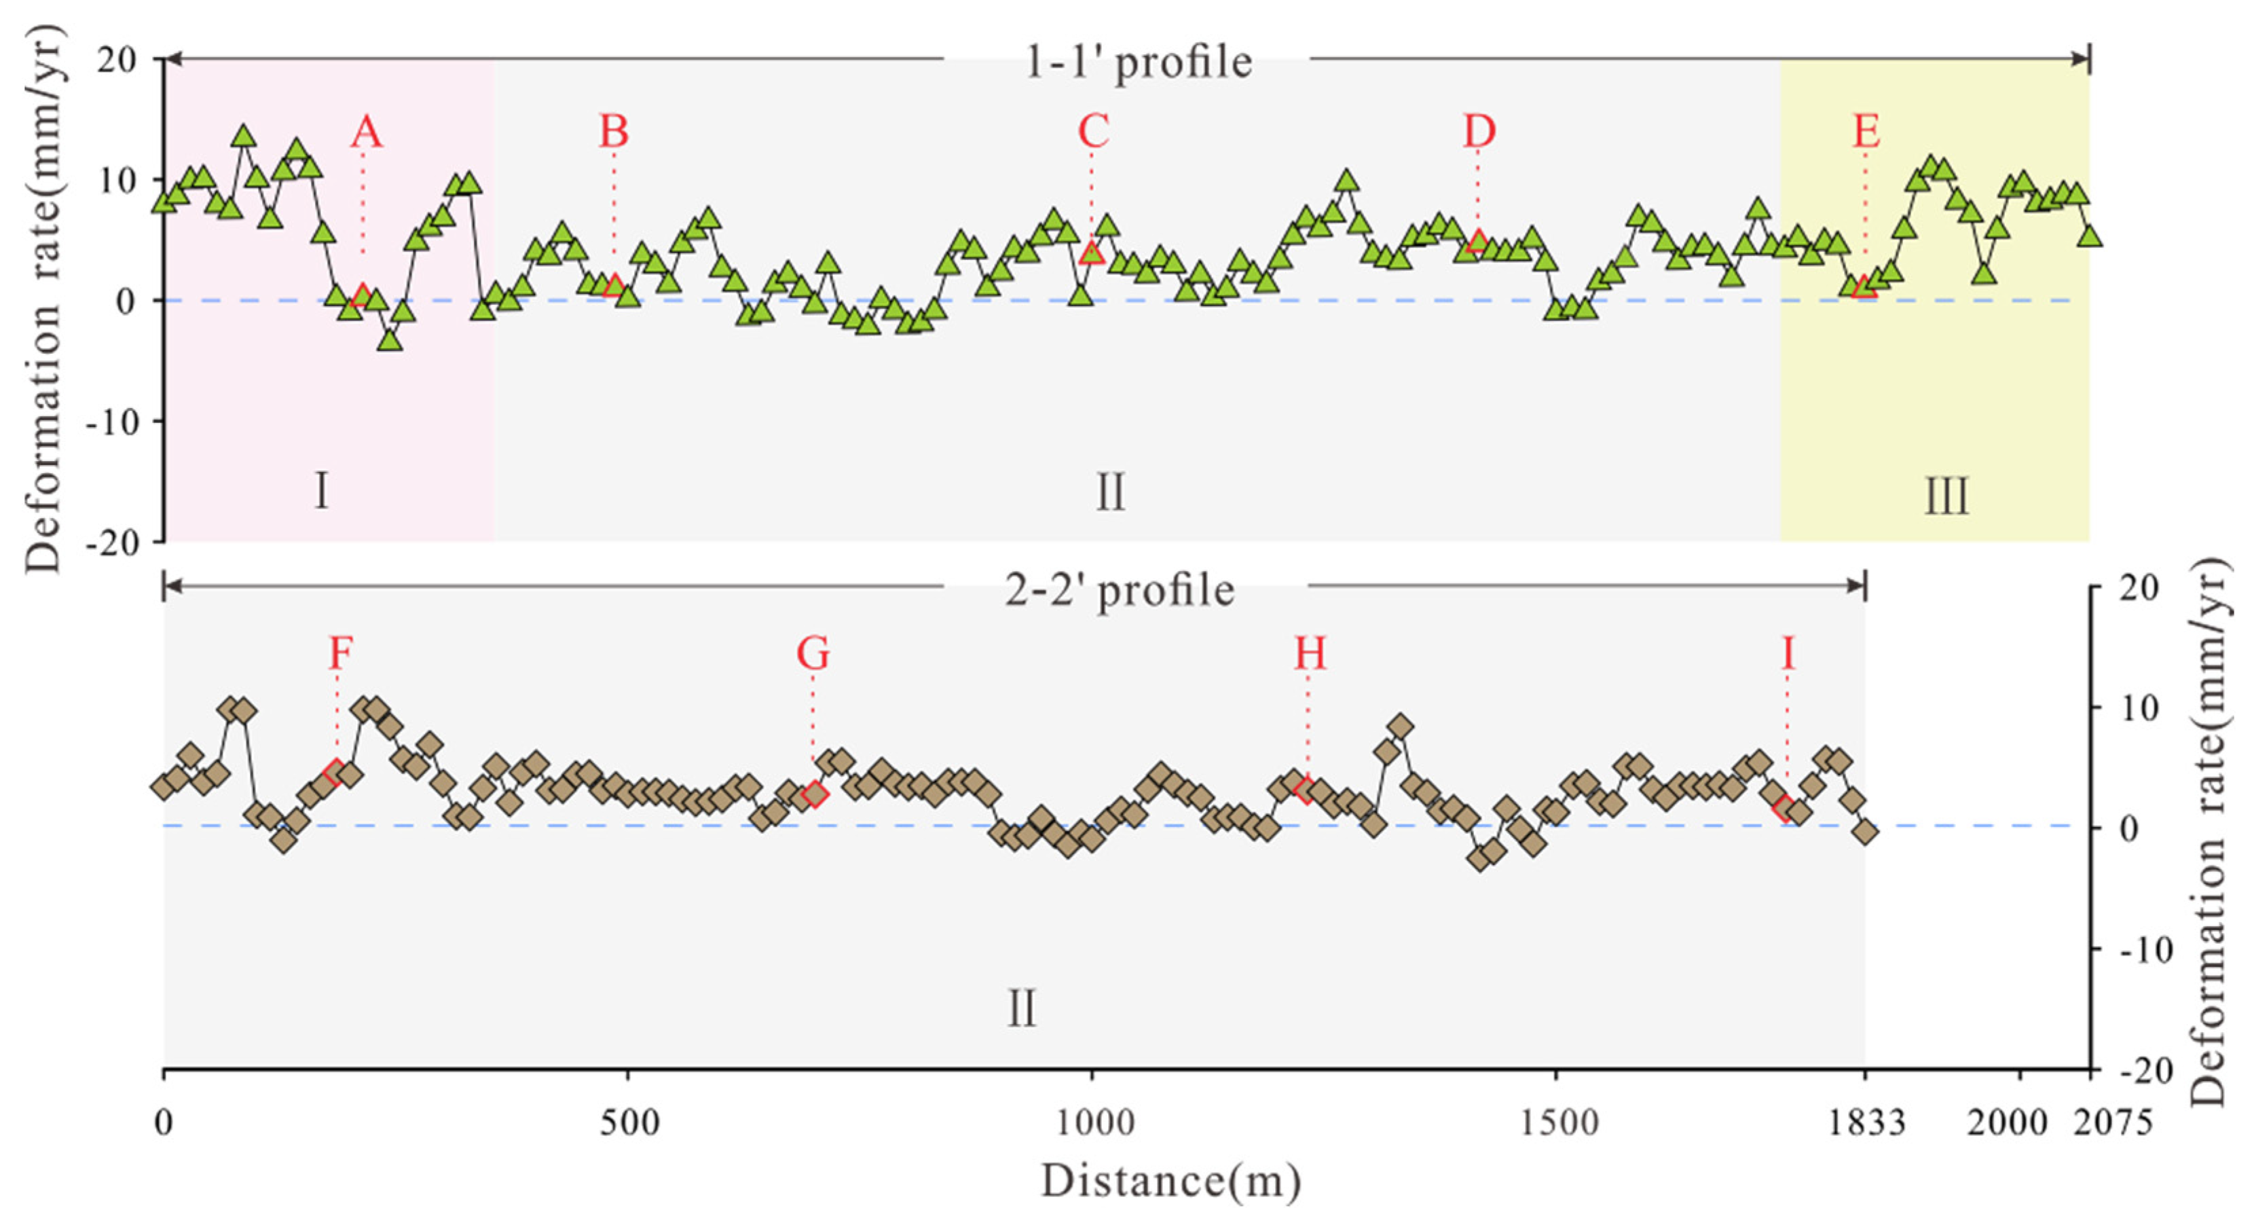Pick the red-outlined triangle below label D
(1477, 241)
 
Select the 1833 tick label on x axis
(1866, 1122)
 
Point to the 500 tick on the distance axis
(629, 1122)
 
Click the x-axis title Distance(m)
(1170, 1181)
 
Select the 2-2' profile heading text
(1120, 590)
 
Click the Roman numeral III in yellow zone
(1947, 496)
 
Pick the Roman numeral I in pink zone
(322, 490)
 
